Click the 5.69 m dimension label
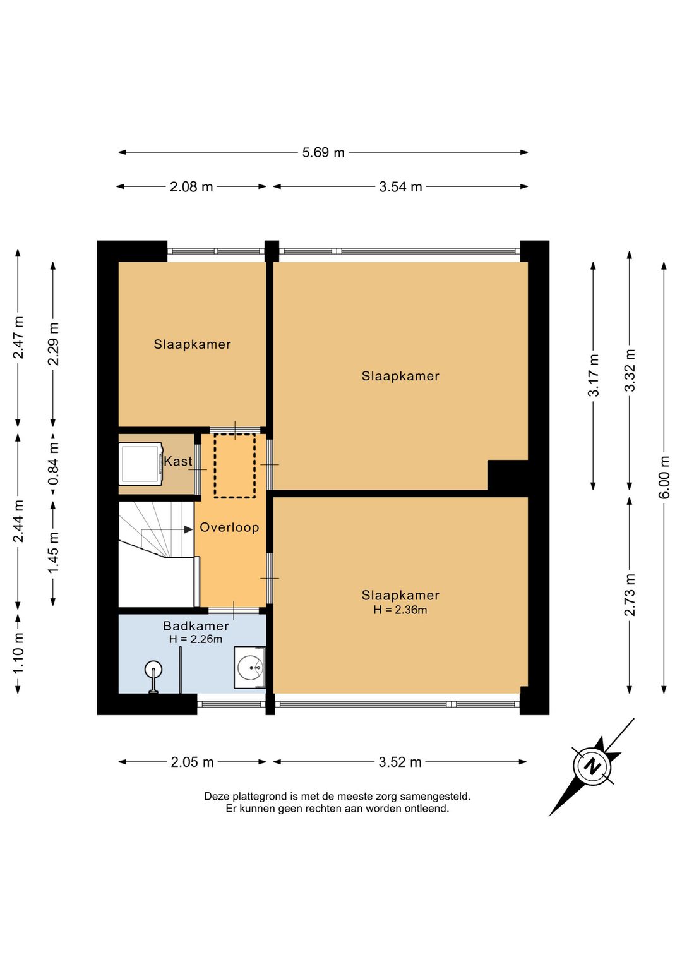(x=323, y=152)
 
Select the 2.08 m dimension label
(x=191, y=187)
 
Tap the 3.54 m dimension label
(x=400, y=187)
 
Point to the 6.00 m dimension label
(x=665, y=477)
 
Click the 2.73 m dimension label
(x=630, y=594)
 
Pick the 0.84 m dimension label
(x=53, y=464)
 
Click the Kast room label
(x=177, y=461)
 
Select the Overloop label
(x=229, y=527)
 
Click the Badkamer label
(x=196, y=626)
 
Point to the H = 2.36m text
(x=400, y=610)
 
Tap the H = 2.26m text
(x=196, y=639)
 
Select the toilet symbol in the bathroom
(x=153, y=676)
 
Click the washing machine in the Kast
(x=141, y=464)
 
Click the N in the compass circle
(x=594, y=767)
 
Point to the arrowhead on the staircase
(x=188, y=529)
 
